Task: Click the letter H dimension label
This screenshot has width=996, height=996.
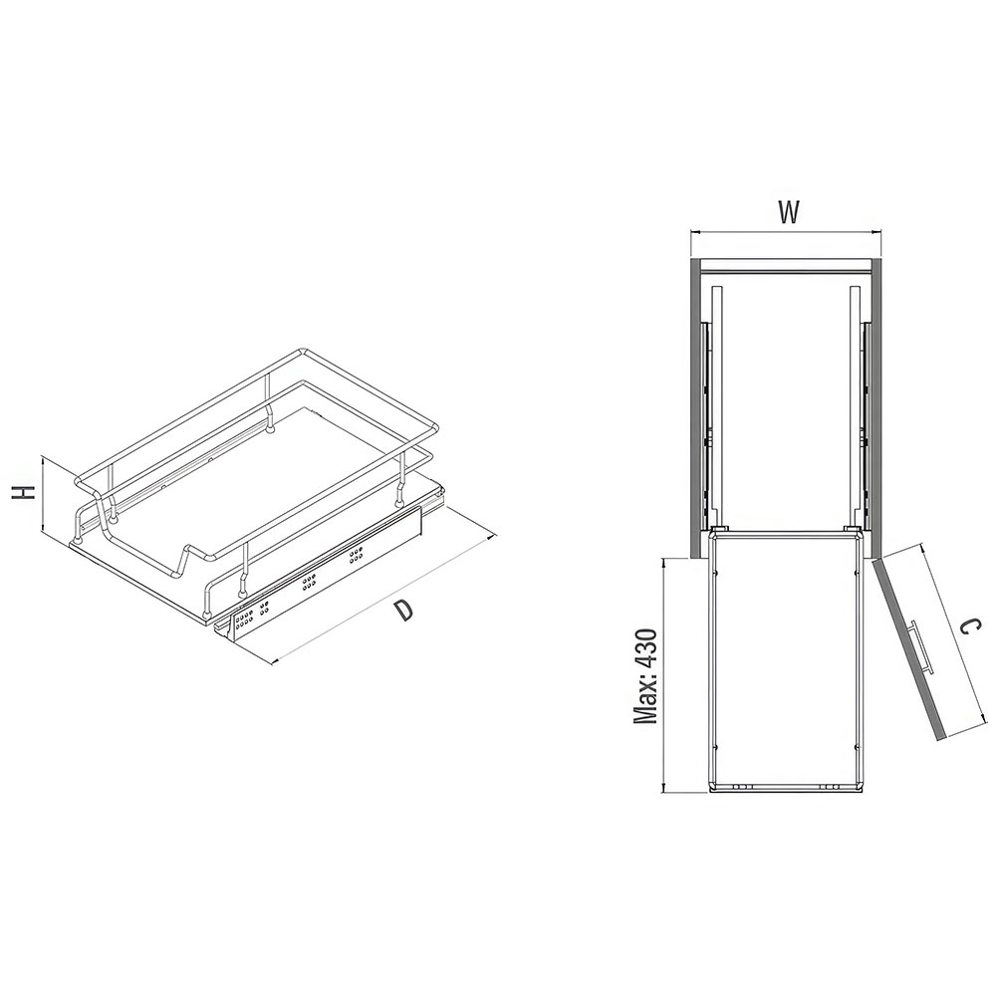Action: point(24,492)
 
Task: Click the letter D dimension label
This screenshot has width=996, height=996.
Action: point(402,610)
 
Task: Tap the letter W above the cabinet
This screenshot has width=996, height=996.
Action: point(788,213)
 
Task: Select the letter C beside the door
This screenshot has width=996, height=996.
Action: point(966,628)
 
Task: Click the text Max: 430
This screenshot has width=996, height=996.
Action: point(645,676)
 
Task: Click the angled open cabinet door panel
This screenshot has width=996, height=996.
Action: point(909,648)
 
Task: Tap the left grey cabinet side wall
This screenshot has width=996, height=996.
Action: point(694,407)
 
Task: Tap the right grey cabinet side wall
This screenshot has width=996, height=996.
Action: point(875,407)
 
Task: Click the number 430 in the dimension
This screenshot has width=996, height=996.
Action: point(645,648)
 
